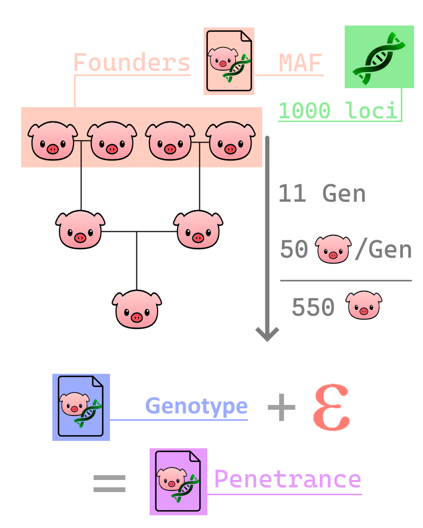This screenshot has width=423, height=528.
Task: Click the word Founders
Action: (131, 63)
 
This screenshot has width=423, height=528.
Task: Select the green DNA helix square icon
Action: (379, 56)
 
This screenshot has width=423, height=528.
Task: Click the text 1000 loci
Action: (337, 111)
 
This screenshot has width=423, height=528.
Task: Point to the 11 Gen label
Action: (322, 194)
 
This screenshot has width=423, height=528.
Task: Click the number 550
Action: (313, 307)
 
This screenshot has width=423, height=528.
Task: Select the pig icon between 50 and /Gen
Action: (333, 249)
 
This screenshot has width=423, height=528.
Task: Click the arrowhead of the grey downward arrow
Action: (267, 334)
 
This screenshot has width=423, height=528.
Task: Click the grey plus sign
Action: (281, 408)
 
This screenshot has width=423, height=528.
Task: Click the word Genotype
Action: (196, 406)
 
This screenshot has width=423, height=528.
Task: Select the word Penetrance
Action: (287, 479)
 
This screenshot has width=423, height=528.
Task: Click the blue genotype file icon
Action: (81, 407)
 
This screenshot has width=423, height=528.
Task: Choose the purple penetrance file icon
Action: (178, 482)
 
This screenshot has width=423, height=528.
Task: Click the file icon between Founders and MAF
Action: (229, 61)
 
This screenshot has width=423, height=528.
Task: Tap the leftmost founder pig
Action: (53, 141)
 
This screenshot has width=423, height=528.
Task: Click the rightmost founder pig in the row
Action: (231, 141)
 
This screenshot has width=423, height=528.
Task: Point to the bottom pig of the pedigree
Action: (137, 309)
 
